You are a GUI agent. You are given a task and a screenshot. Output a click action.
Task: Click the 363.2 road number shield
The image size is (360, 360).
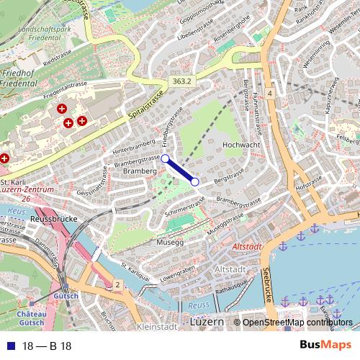click(x=181, y=82)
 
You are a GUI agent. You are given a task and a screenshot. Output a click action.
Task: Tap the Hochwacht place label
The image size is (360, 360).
click(x=241, y=145)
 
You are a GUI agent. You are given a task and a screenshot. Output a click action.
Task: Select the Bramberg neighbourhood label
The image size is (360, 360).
click(x=140, y=171)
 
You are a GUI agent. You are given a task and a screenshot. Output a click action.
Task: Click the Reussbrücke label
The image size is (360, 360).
click(x=54, y=218)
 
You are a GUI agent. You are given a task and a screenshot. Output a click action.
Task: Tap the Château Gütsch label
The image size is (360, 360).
click(x=32, y=318)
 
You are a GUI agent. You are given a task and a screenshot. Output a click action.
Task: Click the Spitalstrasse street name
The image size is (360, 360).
click(x=145, y=105)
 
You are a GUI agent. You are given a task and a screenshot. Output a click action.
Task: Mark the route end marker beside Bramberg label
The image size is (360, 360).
click(x=165, y=158)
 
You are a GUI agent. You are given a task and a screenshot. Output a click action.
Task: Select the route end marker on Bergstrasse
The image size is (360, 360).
click(x=194, y=182)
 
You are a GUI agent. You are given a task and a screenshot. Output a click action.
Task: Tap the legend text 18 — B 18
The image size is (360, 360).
click(x=47, y=346)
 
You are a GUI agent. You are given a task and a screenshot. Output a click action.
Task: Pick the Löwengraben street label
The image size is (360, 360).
click(x=178, y=273)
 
